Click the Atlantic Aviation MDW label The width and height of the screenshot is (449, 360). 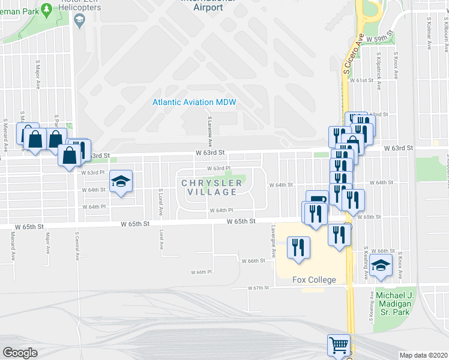click(194, 102)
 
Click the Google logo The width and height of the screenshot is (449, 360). click(20, 352)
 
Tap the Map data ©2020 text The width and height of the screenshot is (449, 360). click(423, 355)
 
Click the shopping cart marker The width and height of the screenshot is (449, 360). click(339, 346)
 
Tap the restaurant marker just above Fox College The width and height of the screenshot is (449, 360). click(298, 247)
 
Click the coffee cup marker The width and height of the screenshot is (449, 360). click(317, 200)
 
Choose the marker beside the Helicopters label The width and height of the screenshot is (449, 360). click(79, 20)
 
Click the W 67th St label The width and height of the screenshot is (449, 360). click(259, 288)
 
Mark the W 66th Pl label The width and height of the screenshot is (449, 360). click(201, 272)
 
